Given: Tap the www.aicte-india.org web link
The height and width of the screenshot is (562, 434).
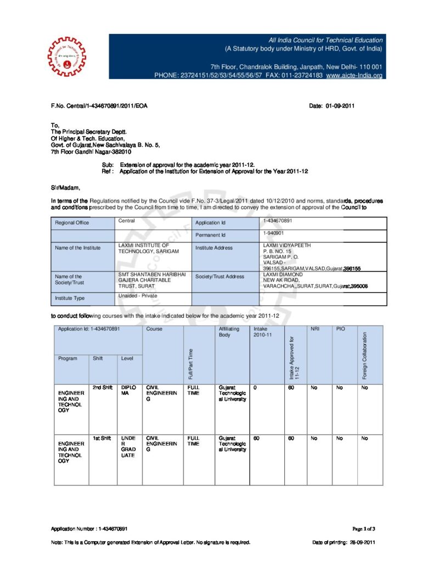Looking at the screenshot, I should [354, 75].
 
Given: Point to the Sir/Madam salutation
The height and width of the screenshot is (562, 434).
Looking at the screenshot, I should [65, 188].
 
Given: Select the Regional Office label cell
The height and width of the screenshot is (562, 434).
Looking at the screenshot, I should [72, 223].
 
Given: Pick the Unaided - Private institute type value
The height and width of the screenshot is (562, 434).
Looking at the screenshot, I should [137, 296].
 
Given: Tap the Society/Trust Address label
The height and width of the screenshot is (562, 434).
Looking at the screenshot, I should [220, 277].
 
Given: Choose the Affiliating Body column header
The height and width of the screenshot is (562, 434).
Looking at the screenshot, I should [224, 331].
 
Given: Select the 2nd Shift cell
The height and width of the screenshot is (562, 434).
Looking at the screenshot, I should [102, 387].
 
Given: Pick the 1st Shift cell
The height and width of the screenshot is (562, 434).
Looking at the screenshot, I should [102, 438].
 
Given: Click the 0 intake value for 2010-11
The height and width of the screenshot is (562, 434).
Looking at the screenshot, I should [255, 387].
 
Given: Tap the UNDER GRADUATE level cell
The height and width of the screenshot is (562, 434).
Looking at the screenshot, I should [128, 447].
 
